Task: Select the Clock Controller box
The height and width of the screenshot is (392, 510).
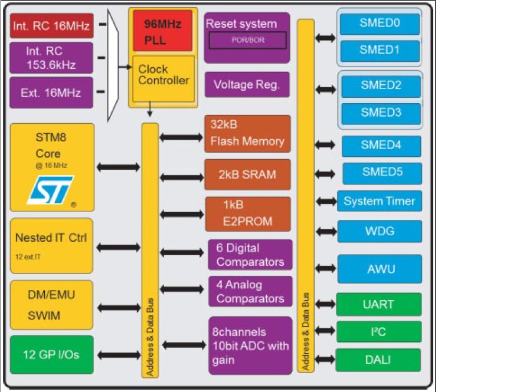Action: click(163, 79)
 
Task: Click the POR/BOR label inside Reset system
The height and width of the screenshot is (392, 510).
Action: click(247, 40)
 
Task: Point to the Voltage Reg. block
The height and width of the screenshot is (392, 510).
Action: click(247, 84)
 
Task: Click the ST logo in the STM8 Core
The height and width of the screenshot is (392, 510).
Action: click(51, 189)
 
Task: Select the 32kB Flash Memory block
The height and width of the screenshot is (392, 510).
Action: click(247, 134)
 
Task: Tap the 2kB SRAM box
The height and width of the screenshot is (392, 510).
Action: click(247, 174)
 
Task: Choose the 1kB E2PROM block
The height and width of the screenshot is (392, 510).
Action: click(247, 213)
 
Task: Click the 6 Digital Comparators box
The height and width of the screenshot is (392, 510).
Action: click(250, 255)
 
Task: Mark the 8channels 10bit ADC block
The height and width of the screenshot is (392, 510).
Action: click(250, 345)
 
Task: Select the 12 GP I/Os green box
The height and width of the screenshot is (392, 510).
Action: click(51, 354)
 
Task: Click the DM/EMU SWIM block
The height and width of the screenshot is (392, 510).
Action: click(51, 305)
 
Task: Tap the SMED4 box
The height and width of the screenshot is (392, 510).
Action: click(381, 146)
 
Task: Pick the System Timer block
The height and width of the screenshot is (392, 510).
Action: click(380, 201)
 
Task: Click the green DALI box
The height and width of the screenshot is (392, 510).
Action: click(378, 360)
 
